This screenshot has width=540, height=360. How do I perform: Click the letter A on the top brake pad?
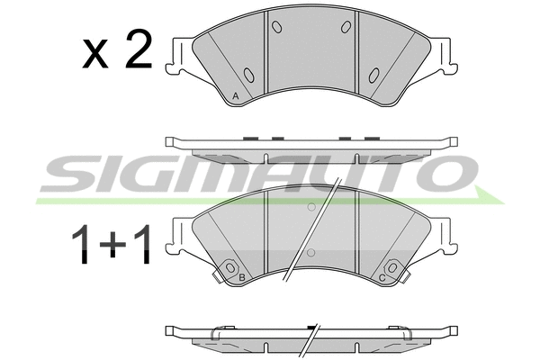click(x=236, y=96)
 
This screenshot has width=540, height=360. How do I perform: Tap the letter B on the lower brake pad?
click(x=242, y=277)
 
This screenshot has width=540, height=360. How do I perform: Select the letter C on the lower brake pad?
click(x=382, y=278)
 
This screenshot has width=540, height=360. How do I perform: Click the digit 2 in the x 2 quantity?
click(x=139, y=49)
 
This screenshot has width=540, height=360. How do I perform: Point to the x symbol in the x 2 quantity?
click(x=95, y=54)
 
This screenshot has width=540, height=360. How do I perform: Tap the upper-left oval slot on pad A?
click(x=277, y=27)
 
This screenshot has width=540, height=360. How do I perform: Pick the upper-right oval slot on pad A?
click(x=346, y=27)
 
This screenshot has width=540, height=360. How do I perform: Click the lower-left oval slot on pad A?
click(x=249, y=75)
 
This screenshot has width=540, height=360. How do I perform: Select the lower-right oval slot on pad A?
click(x=374, y=75)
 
